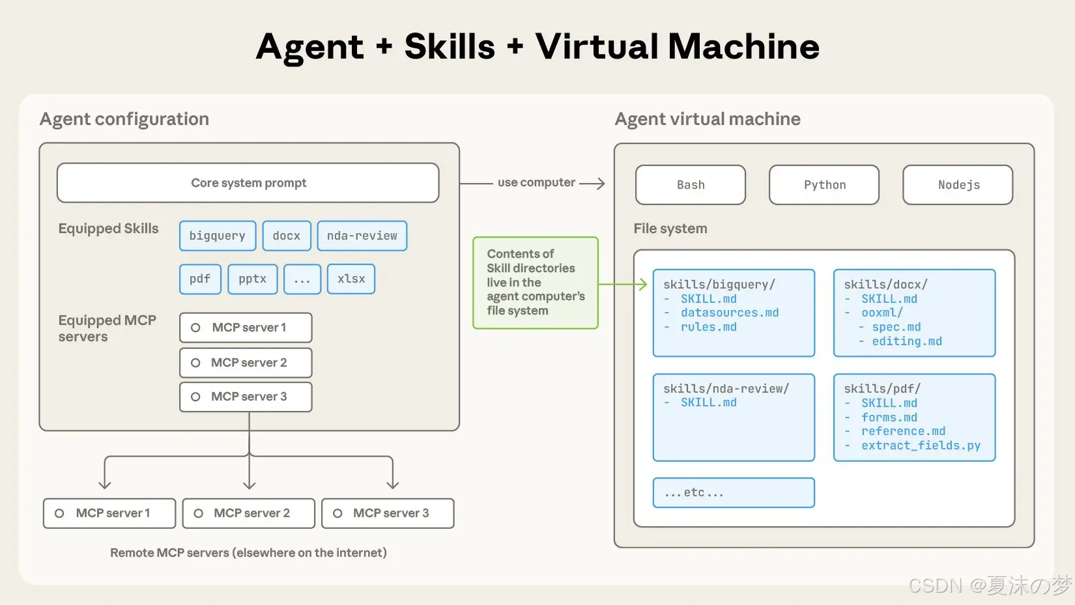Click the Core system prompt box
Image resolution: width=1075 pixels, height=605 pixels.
click(248, 183)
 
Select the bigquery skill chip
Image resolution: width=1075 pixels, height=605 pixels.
click(218, 236)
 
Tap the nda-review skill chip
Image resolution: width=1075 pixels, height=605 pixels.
click(362, 236)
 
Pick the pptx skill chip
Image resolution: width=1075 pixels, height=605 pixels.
click(253, 279)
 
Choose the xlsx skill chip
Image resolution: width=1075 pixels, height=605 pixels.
click(351, 279)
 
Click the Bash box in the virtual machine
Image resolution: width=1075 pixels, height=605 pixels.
click(691, 185)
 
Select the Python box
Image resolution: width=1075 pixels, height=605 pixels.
click(824, 185)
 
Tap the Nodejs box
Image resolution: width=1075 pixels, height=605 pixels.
click(958, 185)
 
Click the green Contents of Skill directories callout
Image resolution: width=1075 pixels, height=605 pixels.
click(535, 283)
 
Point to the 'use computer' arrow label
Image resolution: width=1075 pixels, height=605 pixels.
click(536, 183)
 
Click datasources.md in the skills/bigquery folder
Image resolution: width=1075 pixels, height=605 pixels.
click(730, 313)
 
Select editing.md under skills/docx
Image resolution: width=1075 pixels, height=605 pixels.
click(907, 341)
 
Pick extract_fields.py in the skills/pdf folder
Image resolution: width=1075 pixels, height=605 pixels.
click(921, 445)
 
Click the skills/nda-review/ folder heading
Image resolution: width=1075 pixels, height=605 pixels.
click(726, 389)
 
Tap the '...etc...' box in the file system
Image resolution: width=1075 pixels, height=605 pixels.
click(734, 492)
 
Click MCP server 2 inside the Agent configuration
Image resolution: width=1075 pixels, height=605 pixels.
click(246, 363)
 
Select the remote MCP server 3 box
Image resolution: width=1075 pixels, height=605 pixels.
click(388, 513)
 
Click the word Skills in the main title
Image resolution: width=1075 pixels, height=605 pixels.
click(450, 47)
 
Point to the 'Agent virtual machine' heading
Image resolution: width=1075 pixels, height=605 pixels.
click(708, 119)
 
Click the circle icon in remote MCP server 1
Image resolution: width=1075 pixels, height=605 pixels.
click(59, 513)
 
